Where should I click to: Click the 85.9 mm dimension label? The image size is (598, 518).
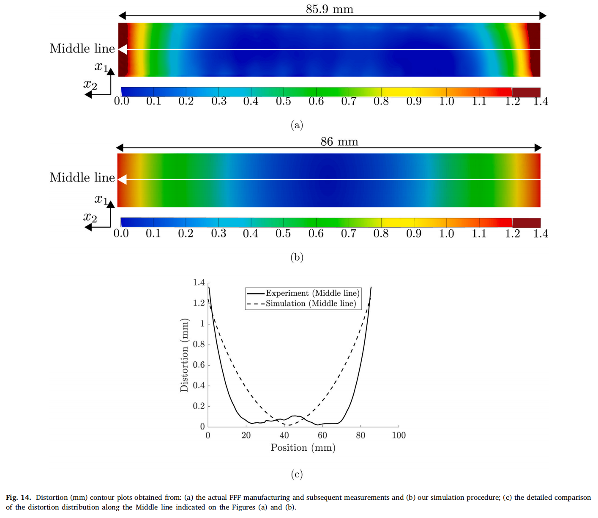[x=329, y=9]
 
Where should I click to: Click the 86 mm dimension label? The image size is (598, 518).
[x=339, y=141]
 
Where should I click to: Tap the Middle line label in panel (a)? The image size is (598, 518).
[x=82, y=49]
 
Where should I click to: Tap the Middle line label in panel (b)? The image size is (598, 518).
[x=82, y=177]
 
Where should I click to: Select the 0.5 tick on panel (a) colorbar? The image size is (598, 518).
[x=283, y=101]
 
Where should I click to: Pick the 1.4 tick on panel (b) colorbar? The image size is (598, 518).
[x=540, y=234]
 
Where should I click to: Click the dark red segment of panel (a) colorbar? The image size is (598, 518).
[x=526, y=92]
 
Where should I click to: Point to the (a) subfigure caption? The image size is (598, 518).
[x=297, y=125]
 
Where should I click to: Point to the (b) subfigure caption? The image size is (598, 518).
[x=297, y=257]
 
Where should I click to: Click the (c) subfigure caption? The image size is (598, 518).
[x=297, y=474]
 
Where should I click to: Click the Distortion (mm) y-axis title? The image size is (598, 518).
[x=184, y=355]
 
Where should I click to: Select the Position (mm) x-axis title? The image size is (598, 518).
[x=303, y=448]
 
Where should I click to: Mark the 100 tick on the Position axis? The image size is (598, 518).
[x=399, y=435]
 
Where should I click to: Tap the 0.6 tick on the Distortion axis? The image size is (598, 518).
[x=199, y=365]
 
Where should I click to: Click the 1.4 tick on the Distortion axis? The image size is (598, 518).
[x=199, y=282]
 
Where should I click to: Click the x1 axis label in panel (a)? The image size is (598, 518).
[x=101, y=66]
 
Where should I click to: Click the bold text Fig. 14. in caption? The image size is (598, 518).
[x=18, y=497]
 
